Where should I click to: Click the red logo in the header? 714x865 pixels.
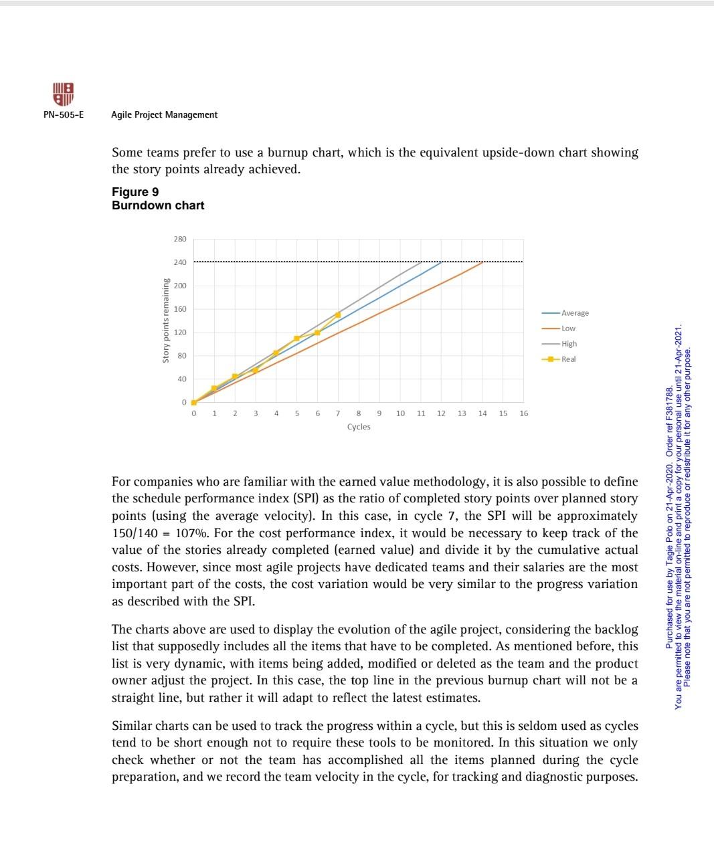pyautogui.click(x=63, y=94)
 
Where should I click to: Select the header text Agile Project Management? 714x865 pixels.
pyautogui.click(x=164, y=115)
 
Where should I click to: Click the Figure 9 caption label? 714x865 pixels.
pyautogui.click(x=135, y=193)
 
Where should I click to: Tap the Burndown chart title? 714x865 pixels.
pyautogui.click(x=158, y=205)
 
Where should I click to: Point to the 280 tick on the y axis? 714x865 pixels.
pyautogui.click(x=181, y=239)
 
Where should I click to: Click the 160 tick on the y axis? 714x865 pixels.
pyautogui.click(x=181, y=309)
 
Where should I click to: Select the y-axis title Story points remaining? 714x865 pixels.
pyautogui.click(x=165, y=321)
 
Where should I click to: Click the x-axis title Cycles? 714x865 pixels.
pyautogui.click(x=359, y=427)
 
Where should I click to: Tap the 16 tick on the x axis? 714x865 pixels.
pyautogui.click(x=523, y=413)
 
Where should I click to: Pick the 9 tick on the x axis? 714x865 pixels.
pyautogui.click(x=379, y=413)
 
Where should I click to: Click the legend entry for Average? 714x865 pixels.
pyautogui.click(x=575, y=313)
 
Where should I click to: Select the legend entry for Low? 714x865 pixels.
pyautogui.click(x=568, y=328)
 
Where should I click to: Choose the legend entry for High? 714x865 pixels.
pyautogui.click(x=569, y=344)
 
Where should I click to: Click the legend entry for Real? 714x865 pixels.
pyautogui.click(x=568, y=359)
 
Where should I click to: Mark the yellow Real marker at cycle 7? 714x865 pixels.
pyautogui.click(x=338, y=314)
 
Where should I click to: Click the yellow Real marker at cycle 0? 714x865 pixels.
pyautogui.click(x=194, y=403)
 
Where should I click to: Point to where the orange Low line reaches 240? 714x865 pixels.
pyautogui.click(x=482, y=262)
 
